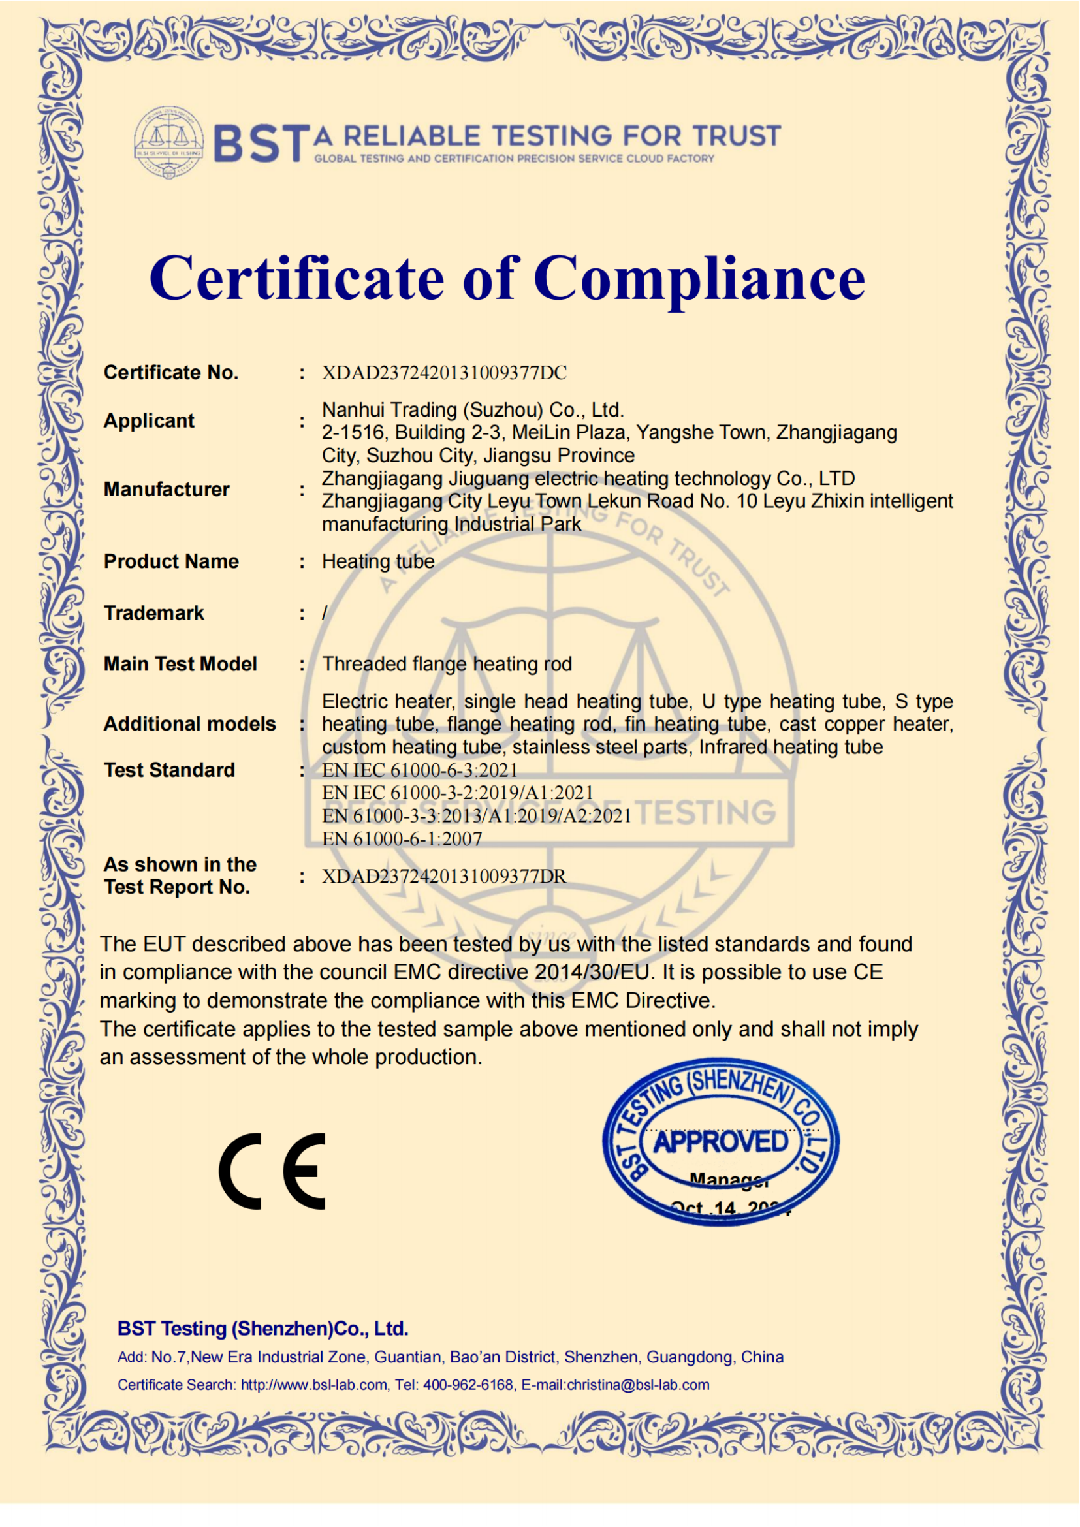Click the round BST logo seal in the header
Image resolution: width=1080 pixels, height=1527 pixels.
pos(169,142)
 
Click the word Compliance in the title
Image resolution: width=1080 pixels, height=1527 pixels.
pos(698,278)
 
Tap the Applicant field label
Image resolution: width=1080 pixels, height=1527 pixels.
pos(149,421)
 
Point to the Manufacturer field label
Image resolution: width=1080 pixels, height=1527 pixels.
pos(167,490)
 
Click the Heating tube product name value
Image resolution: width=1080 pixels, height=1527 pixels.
pos(377,561)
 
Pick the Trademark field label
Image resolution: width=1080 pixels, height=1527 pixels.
pos(153,612)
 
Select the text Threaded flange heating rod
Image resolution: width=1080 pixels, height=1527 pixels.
pos(446,664)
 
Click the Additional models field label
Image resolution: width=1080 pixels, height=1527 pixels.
pos(189,723)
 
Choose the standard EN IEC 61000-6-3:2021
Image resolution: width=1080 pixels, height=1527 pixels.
pos(420,770)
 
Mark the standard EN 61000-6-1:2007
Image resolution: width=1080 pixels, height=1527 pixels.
pos(402,839)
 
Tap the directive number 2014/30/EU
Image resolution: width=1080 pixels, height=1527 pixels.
pos(592,972)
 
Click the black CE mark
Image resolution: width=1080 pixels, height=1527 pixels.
pos(273,1171)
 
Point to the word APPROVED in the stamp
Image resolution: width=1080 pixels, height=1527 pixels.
pos(721,1142)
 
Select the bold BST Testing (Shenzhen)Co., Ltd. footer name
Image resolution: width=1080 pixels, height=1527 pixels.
pos(262,1329)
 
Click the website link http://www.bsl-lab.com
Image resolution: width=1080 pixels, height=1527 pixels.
pos(314,1385)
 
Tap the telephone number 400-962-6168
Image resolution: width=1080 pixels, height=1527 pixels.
pos(468,1385)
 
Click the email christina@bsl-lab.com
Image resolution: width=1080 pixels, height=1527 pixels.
pos(638,1385)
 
